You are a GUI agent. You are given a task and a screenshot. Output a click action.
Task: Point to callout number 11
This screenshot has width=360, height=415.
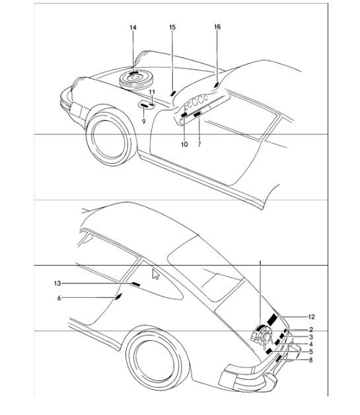click(x=152, y=92)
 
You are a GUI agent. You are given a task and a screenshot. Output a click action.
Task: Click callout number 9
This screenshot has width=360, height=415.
click(x=144, y=122)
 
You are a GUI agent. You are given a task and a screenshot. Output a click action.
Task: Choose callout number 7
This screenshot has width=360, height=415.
click(x=199, y=143)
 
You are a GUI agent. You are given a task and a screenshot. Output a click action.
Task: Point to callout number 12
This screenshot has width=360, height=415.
click(x=311, y=317)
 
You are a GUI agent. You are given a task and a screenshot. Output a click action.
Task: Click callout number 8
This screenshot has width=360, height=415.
click(x=310, y=359)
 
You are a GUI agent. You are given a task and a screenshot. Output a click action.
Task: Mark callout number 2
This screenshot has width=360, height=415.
click(x=310, y=329)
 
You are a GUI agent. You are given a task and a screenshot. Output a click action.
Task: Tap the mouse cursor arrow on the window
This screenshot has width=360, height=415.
click(x=157, y=274)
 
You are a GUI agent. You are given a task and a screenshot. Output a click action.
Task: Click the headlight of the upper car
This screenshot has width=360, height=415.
click(x=65, y=96)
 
